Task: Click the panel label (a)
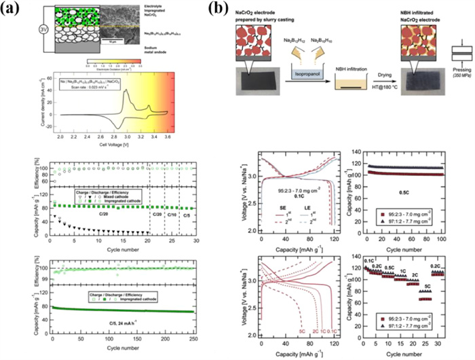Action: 11,10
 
